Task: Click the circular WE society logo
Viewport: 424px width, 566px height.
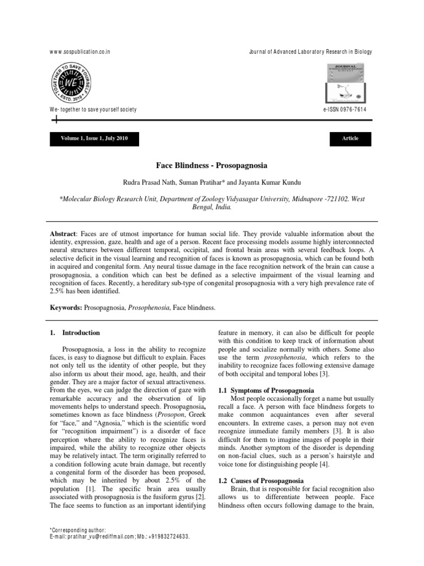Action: (71, 81)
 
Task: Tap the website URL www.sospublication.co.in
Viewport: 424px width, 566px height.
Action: (80, 52)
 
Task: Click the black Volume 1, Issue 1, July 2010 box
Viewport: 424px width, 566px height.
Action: (94, 138)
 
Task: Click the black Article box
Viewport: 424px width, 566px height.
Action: (350, 138)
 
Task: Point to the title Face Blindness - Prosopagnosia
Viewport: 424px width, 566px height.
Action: (212, 165)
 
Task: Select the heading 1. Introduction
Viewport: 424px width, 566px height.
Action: (75, 333)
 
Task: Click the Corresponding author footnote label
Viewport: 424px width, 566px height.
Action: (77, 530)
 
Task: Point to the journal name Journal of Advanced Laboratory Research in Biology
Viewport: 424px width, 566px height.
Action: (311, 52)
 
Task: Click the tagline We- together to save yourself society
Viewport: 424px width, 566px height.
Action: (93, 109)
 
